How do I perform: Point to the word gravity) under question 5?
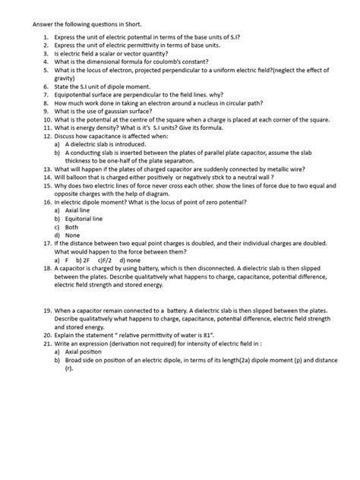55,87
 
